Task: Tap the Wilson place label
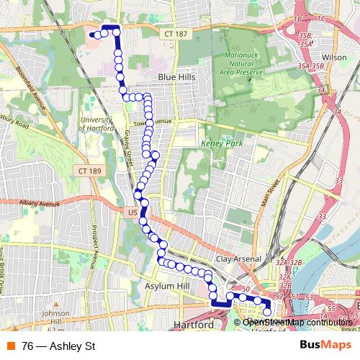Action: (334, 57)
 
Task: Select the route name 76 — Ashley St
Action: (59, 346)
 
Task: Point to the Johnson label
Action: (55, 313)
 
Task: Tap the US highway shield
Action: (132, 213)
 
